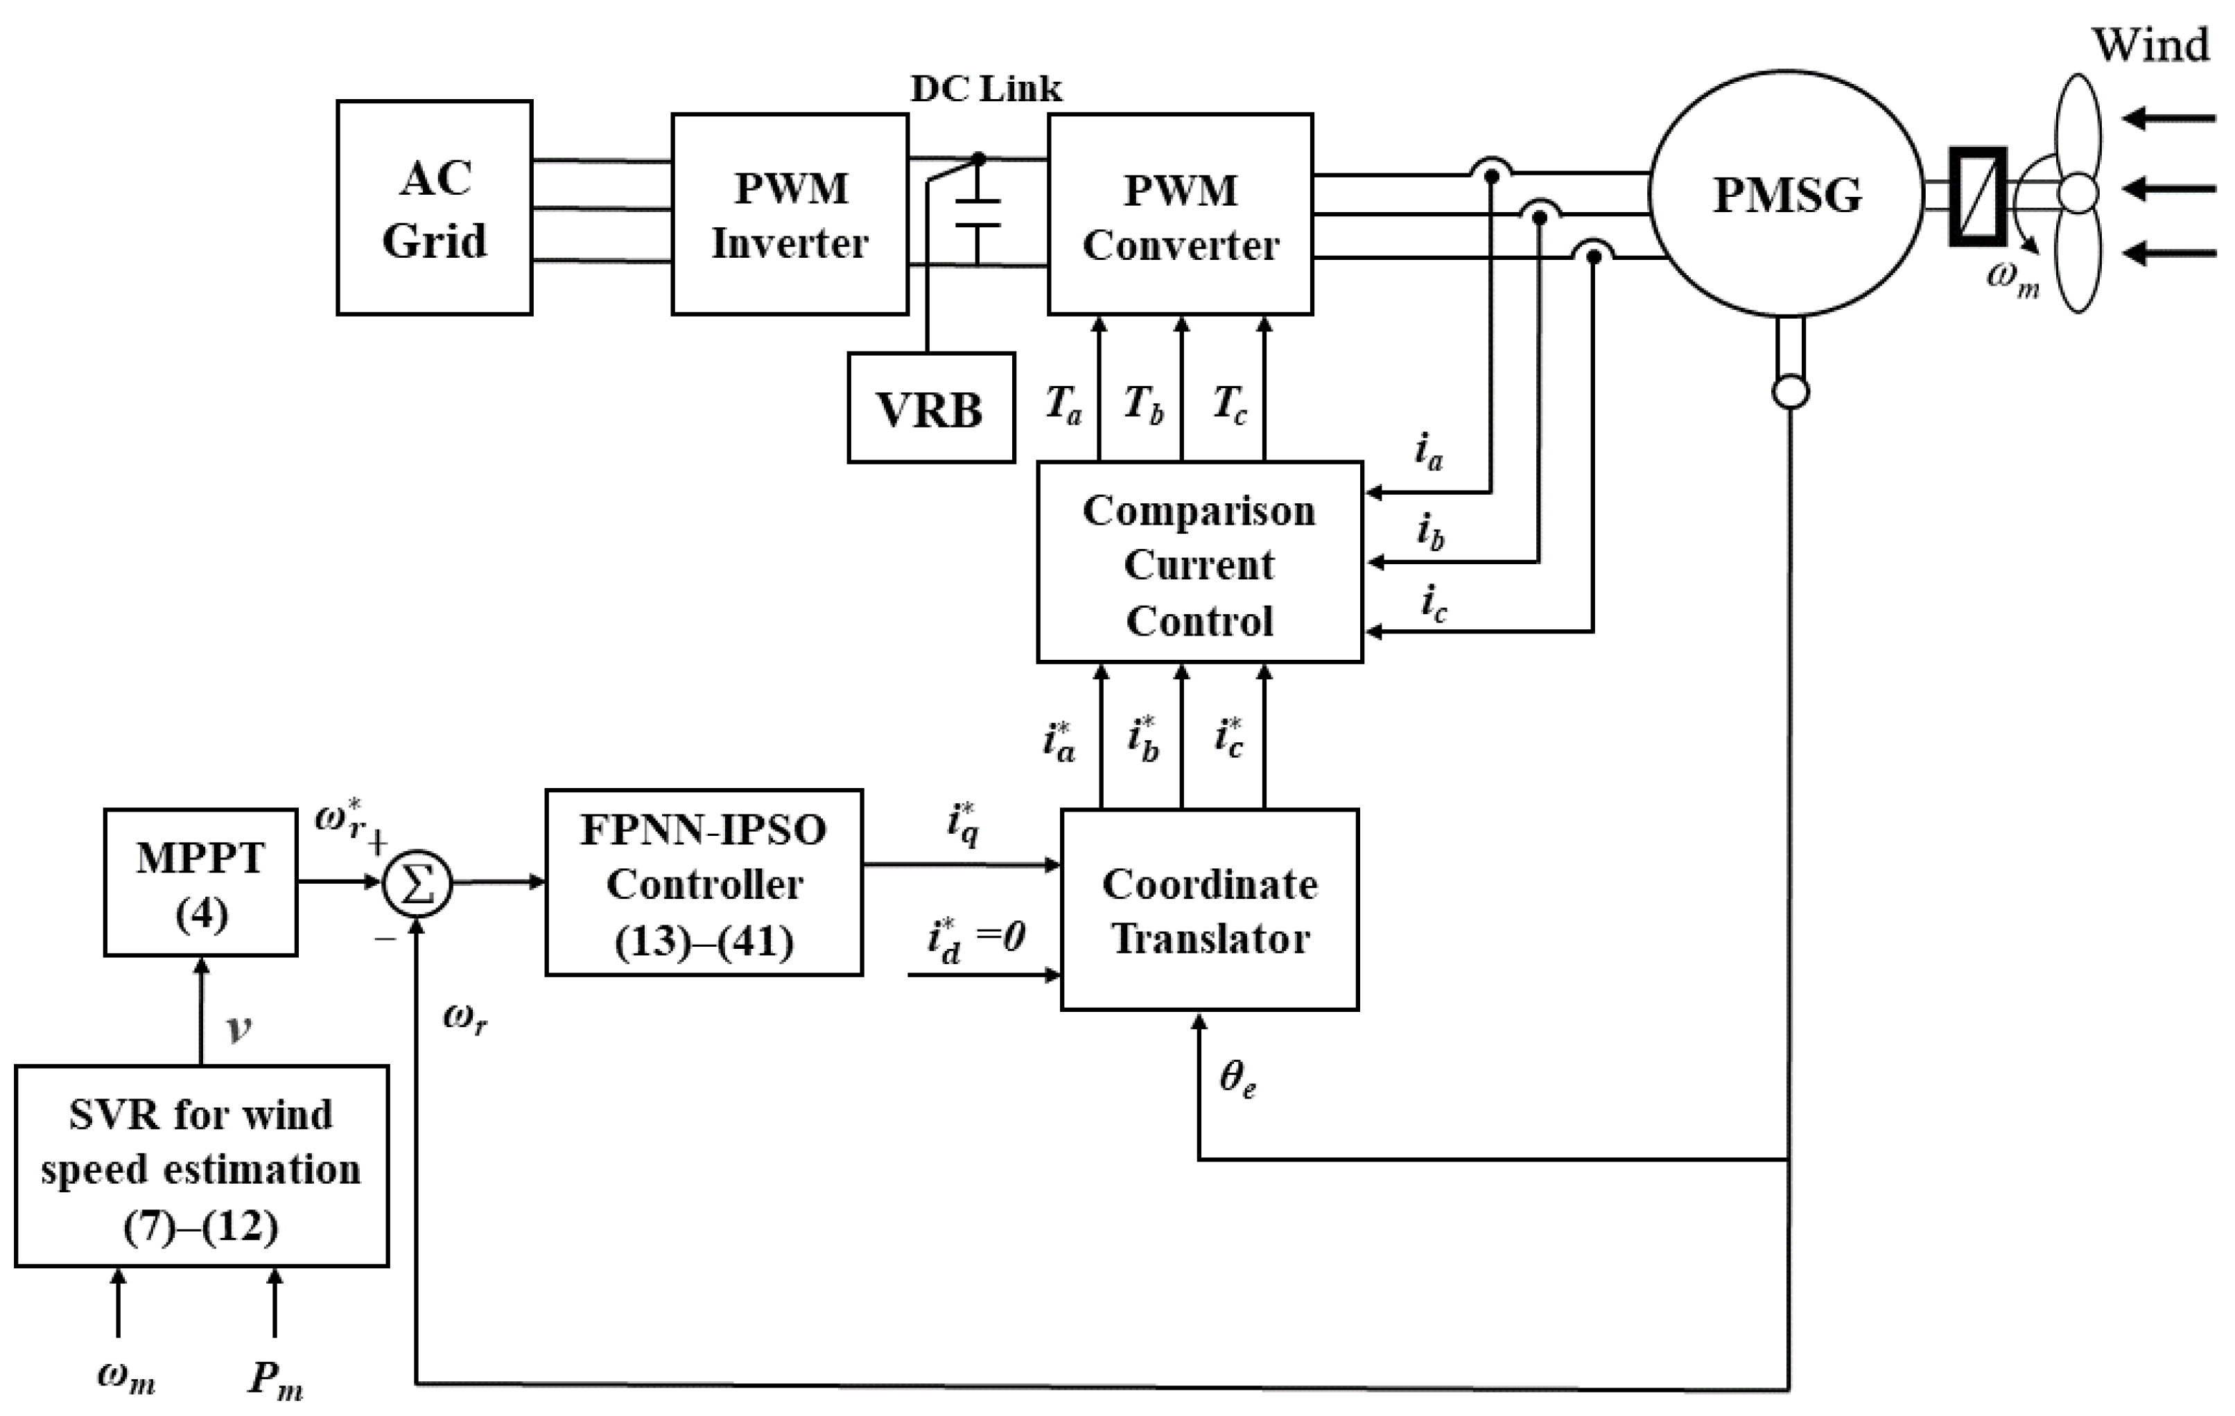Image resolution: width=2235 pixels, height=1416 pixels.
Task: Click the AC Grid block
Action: (435, 208)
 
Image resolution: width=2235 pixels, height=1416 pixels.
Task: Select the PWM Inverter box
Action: (790, 214)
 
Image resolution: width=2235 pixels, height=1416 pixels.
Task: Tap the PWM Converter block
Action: (1180, 214)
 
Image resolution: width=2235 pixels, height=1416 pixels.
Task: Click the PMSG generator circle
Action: (1786, 195)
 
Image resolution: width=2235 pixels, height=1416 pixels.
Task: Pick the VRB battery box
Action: (931, 408)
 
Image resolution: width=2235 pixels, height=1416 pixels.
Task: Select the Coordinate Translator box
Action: (1210, 910)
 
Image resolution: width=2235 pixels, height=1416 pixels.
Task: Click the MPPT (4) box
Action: (200, 884)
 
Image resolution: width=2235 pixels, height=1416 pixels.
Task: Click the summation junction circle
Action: (417, 884)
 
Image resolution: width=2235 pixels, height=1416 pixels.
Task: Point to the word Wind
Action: (2150, 44)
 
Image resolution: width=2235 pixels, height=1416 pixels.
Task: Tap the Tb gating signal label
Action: (1143, 405)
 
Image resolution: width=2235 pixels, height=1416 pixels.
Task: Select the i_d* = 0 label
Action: (975, 938)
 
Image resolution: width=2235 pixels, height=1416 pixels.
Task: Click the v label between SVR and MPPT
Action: (238, 1027)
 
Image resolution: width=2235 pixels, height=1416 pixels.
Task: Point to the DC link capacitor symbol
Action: (977, 213)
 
